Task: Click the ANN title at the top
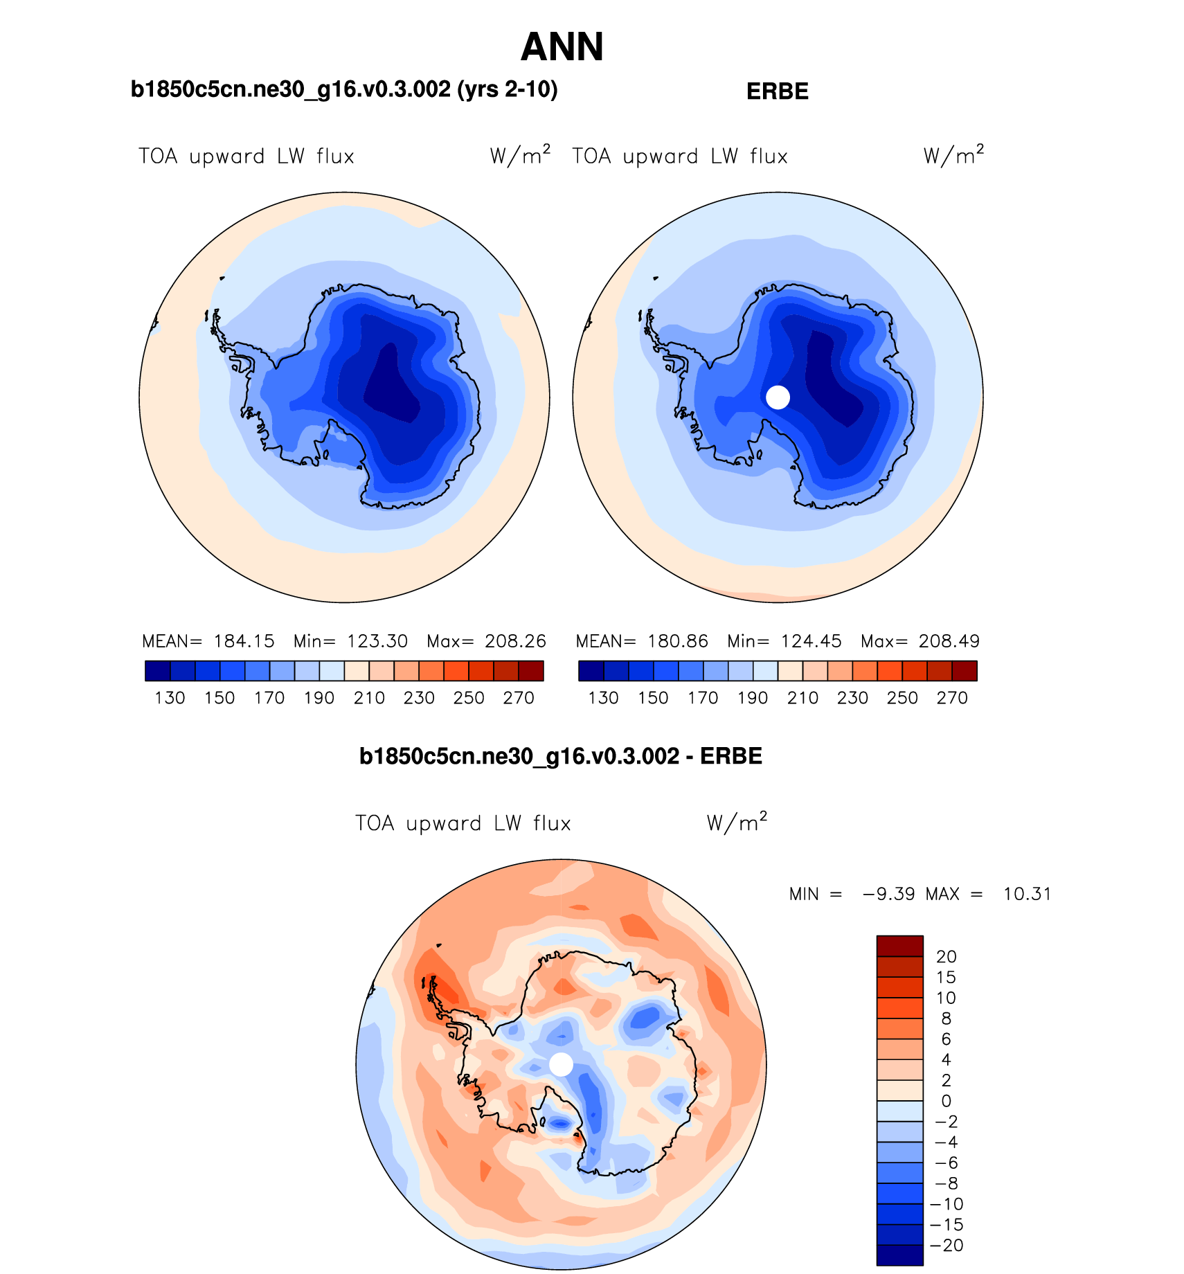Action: coord(562,47)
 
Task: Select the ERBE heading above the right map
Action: coord(777,91)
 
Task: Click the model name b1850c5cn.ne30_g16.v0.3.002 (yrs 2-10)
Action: coord(344,89)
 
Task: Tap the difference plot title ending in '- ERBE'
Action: coord(560,756)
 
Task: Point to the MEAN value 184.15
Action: coord(244,641)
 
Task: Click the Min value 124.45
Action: coord(811,641)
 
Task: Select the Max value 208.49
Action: coord(949,641)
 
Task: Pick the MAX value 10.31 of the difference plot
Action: coord(1027,894)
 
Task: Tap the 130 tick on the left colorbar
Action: coord(170,698)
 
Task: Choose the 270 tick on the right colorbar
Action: coord(952,698)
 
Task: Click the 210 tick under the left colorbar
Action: coord(369,698)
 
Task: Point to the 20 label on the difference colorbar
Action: coord(946,956)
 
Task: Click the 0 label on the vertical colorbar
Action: coord(946,1101)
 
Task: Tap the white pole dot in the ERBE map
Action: coord(778,397)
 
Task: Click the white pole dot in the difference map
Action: coord(561,1064)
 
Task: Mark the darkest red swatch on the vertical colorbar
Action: coord(899,946)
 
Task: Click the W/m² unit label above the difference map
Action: coord(737,822)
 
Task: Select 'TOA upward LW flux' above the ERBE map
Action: coord(680,156)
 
